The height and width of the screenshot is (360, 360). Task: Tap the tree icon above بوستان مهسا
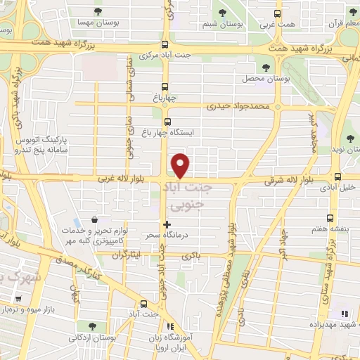[x=97, y=11]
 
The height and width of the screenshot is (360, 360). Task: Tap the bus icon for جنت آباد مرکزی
[x=165, y=43]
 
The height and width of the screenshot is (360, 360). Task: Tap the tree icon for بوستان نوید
[x=350, y=137]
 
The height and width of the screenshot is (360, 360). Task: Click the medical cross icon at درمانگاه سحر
[x=167, y=224]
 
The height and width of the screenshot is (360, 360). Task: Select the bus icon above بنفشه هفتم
[x=330, y=219]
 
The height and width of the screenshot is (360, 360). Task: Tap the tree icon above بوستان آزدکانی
[x=92, y=326]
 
